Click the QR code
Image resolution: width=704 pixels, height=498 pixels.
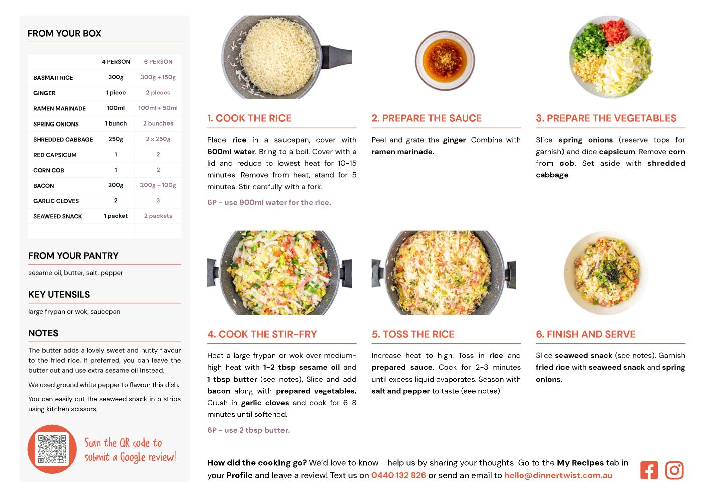pos(52,449)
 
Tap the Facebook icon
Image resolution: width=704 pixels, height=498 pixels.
pos(649,470)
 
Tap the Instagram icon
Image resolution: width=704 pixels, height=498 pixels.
pos(674,470)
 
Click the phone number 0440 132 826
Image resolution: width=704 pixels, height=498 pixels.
pos(398,475)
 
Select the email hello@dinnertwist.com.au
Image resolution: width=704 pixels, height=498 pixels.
pos(558,475)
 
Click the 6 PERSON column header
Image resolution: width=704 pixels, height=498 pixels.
pos(158,62)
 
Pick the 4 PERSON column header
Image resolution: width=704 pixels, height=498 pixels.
pos(116,62)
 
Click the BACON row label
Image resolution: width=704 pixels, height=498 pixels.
pos(44,186)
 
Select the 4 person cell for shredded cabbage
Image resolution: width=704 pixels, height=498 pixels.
pos(116,139)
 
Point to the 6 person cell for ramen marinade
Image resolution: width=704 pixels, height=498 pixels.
pos(158,108)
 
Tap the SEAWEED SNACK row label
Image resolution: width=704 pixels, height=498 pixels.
pos(58,216)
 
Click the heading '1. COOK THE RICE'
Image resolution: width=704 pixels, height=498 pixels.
pos(249,118)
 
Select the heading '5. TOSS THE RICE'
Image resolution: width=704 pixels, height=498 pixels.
pos(413,334)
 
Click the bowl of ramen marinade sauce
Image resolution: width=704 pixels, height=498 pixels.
pos(445,60)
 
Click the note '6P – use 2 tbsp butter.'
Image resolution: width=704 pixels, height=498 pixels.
pos(248,430)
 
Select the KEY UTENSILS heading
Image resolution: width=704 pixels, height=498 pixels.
pos(59,295)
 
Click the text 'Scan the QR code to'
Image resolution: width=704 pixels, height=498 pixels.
pos(123,443)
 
